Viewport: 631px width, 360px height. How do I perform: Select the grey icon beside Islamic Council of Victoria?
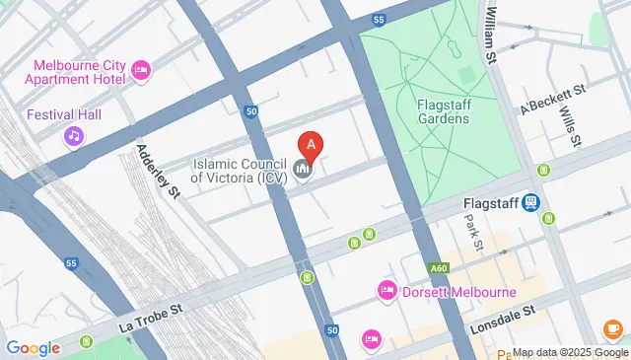(303, 171)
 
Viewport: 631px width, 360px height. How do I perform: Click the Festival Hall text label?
(64, 114)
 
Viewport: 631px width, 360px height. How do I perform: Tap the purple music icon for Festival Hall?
(74, 136)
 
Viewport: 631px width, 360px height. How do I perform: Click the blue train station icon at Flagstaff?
(532, 202)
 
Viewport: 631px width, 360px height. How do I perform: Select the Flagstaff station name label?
(490, 203)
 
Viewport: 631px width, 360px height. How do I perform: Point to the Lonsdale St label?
(500, 311)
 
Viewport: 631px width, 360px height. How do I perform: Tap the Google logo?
(33, 347)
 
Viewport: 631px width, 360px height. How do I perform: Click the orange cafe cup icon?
(613, 328)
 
